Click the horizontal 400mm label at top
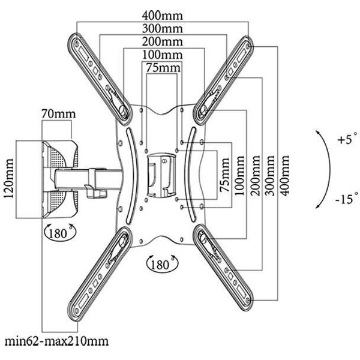163,16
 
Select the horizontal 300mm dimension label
163,29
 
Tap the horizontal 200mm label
163,42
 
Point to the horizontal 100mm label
163,55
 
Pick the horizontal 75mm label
163,68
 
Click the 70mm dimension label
59,113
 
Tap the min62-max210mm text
56,341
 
